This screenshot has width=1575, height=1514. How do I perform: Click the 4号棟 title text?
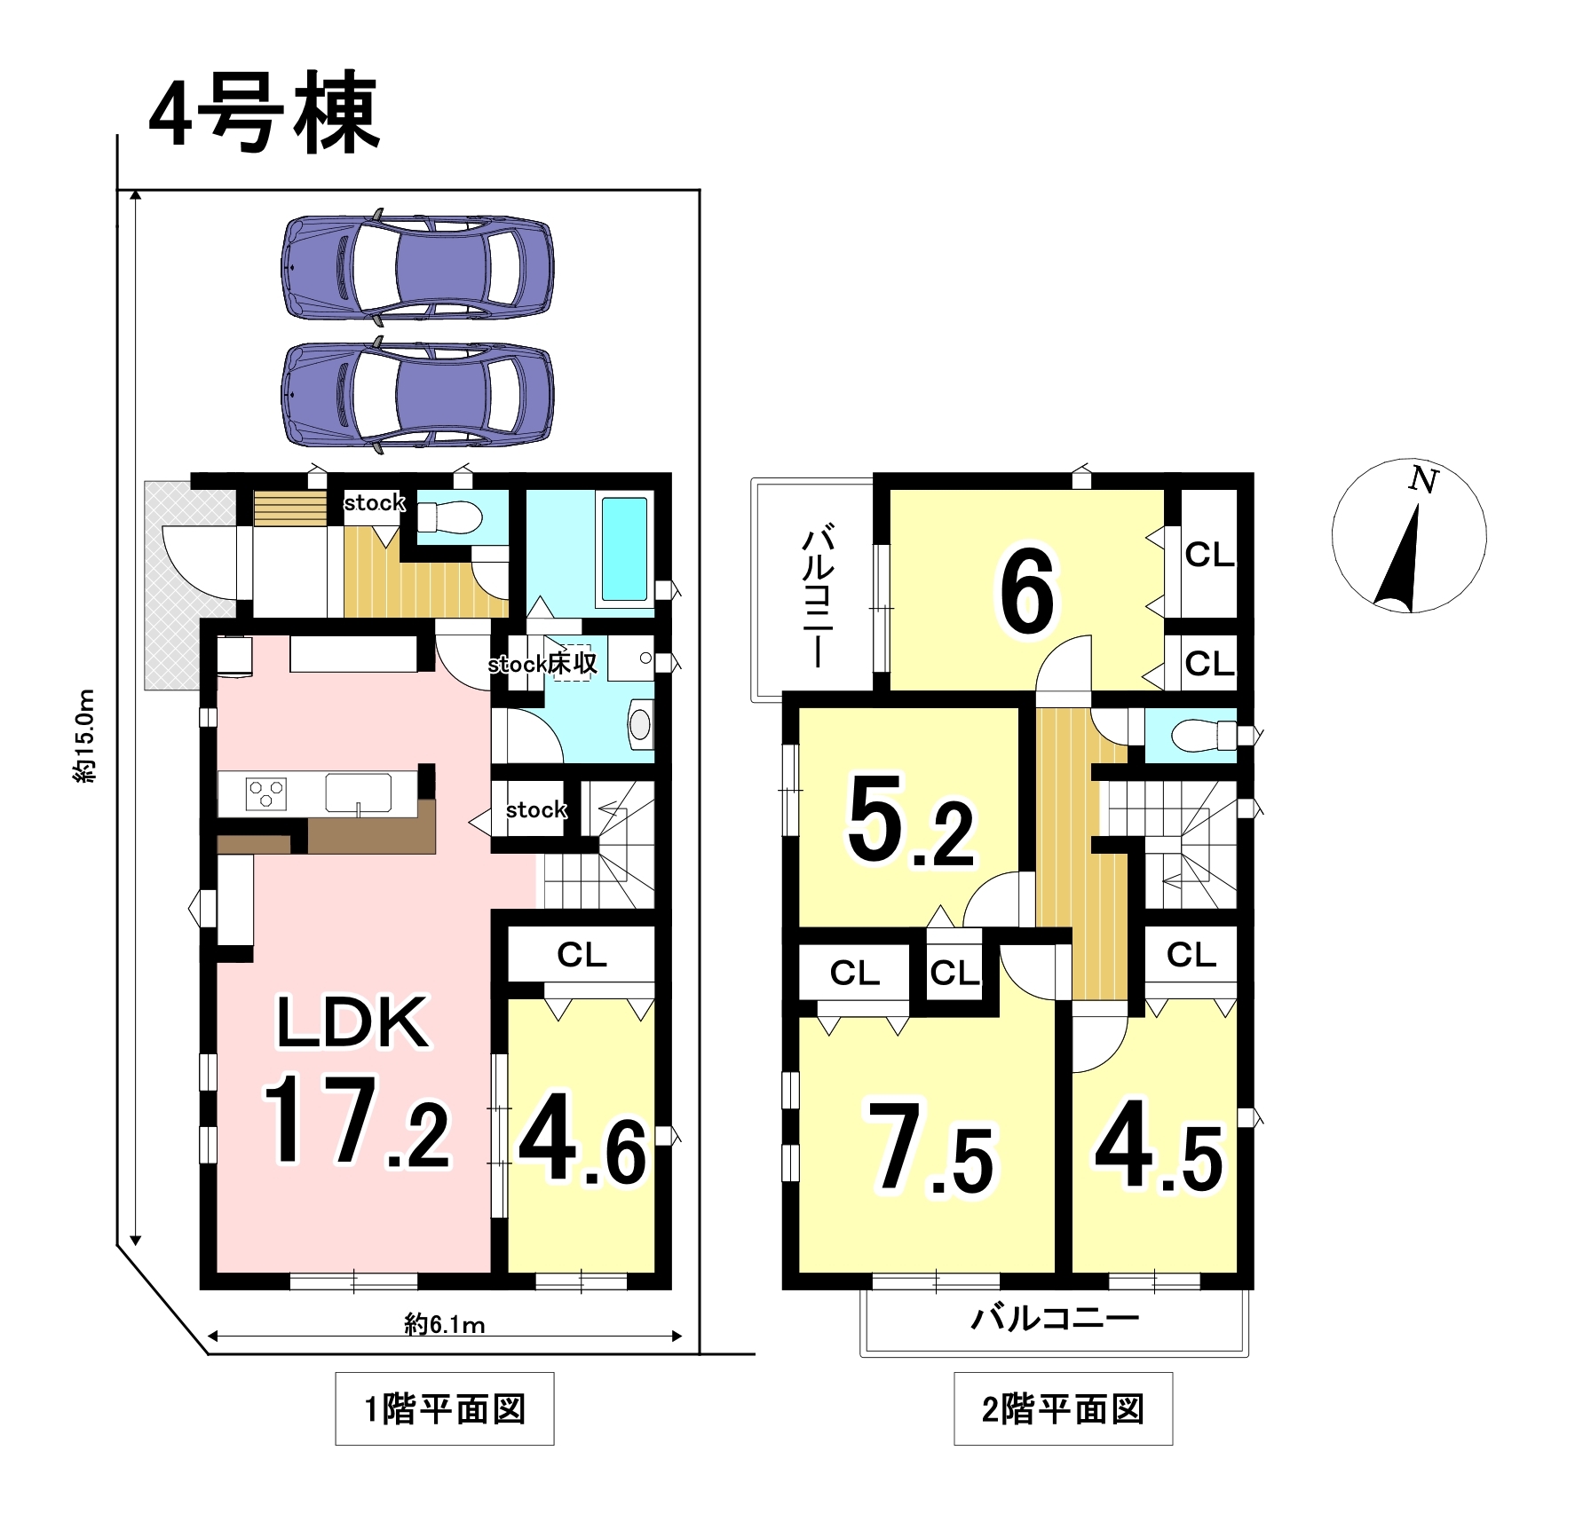pos(264,112)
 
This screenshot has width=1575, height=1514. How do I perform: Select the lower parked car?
pos(417,394)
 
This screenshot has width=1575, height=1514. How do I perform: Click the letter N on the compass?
pos(1423,480)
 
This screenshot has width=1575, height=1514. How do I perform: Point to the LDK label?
pos(352,1023)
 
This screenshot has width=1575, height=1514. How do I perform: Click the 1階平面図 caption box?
pos(445,1408)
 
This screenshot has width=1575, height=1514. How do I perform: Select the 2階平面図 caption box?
pos(1063,1408)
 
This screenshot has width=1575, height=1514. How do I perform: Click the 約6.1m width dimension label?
pos(445,1325)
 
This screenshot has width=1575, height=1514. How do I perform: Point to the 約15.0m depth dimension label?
pos(84,736)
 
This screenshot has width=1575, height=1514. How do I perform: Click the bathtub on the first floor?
pos(625,549)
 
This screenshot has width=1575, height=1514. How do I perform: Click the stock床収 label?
pos(542,664)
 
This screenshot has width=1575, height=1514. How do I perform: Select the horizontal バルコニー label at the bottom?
pos(1055,1318)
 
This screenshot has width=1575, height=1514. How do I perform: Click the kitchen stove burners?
pos(266,792)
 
